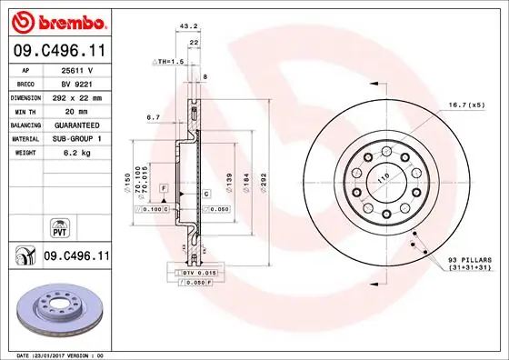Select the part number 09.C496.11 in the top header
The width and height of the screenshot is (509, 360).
point(58,52)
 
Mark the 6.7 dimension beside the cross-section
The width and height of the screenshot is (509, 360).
point(153,116)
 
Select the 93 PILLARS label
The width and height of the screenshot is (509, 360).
point(471,261)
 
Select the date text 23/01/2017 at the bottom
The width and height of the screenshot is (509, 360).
point(55,355)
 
